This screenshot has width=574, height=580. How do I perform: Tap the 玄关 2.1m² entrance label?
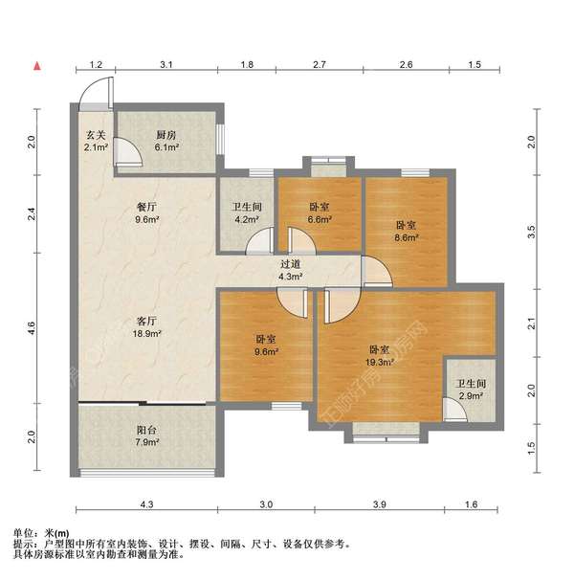(95, 141)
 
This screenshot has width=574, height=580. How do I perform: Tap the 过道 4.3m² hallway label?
(290, 271)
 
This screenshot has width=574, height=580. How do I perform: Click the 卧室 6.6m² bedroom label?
(320, 212)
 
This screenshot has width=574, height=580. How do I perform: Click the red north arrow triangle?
(37, 66)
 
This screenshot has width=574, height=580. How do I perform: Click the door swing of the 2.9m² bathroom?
(454, 411)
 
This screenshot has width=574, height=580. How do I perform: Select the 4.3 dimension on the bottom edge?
(145, 503)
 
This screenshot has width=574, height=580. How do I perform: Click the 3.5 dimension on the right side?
(531, 231)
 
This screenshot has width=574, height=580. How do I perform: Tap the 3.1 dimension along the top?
(166, 64)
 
